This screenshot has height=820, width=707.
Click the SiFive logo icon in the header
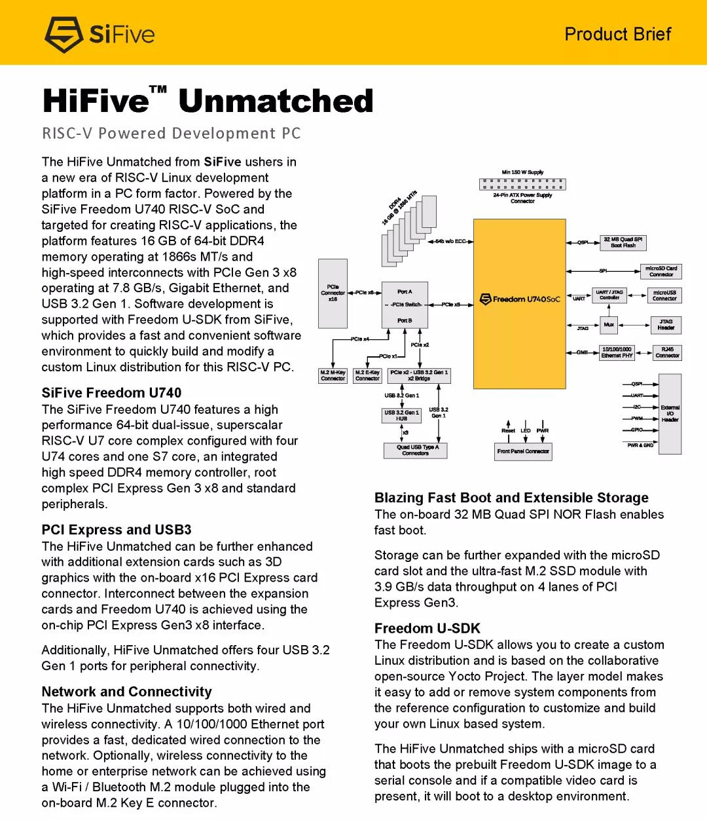63,34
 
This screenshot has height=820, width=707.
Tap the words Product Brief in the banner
617,34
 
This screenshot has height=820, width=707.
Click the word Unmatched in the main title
276,102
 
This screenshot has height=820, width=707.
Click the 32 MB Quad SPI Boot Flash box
623,243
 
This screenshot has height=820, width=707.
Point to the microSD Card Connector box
661,271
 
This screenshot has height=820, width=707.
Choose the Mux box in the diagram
609,325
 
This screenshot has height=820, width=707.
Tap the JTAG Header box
666,325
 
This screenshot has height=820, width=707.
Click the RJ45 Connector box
667,352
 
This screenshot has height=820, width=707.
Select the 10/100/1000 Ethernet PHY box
617,352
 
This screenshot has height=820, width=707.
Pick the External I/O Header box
670,413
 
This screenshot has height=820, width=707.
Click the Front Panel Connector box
523,451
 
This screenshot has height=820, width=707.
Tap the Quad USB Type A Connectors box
415,450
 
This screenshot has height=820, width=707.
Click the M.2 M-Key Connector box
333,375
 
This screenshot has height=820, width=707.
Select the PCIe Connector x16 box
333,293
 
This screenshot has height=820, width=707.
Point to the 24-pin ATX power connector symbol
522,184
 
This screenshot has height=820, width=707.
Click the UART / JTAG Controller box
609,295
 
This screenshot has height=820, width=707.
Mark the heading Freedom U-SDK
427,628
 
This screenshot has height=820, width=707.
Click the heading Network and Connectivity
126,692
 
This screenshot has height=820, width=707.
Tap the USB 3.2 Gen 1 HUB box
401,415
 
